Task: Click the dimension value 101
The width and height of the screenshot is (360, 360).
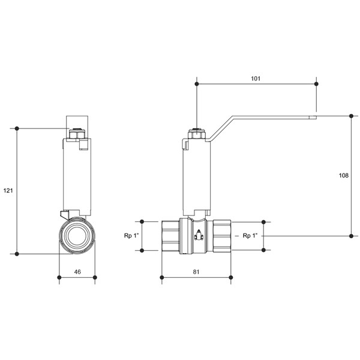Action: click(256, 79)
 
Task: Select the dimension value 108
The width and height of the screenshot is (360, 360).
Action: click(344, 175)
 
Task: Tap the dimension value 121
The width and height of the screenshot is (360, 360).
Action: click(8, 191)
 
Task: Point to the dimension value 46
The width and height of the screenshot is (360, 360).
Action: click(77, 272)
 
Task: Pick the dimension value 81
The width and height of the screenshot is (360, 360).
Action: click(196, 272)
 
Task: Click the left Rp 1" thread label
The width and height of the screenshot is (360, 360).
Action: click(131, 236)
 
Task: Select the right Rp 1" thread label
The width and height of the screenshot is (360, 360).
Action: click(250, 236)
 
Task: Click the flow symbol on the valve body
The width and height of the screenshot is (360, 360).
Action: click(199, 235)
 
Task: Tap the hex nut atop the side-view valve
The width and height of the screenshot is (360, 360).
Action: click(197, 134)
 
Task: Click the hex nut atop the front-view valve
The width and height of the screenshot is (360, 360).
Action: click(77, 134)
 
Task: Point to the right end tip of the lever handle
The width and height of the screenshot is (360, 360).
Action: click(317, 118)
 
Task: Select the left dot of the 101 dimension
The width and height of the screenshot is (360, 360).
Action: click(197, 84)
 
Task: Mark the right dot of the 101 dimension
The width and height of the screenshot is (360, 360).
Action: click(316, 84)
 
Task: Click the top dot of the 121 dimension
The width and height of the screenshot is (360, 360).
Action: click(17, 128)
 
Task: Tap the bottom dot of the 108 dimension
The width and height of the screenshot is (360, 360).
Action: click(351, 236)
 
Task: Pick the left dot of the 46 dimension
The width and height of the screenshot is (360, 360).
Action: click(59, 277)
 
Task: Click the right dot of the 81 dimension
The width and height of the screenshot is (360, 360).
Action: click(231, 277)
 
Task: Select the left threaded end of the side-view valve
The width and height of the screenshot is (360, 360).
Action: click(170, 236)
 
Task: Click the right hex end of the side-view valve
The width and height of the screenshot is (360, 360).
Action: click(222, 236)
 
